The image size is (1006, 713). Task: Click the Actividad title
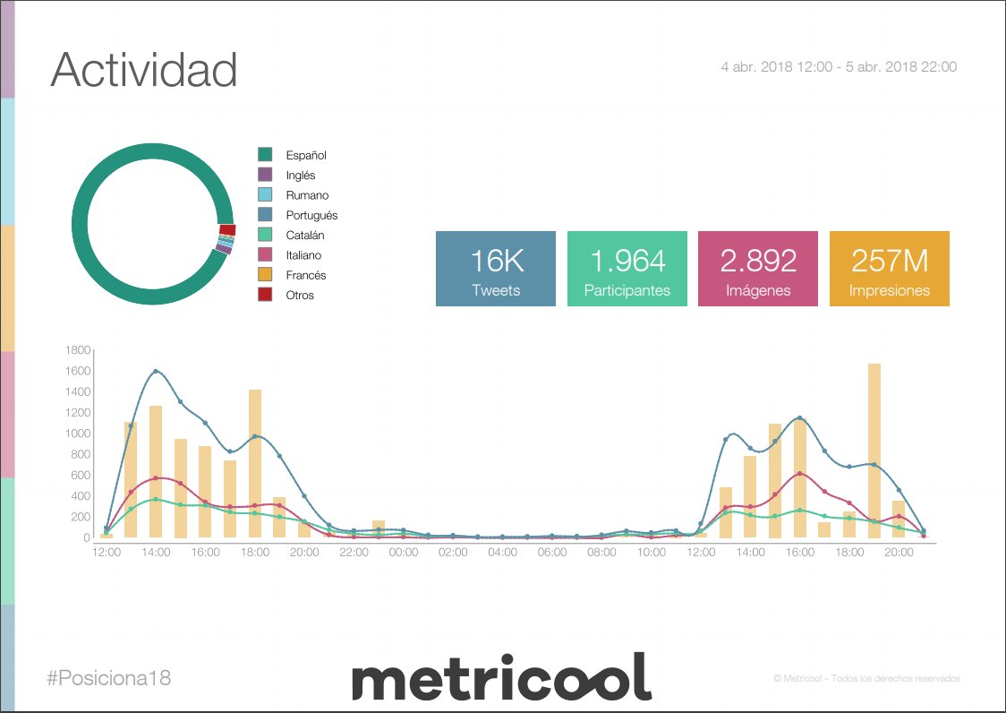143,70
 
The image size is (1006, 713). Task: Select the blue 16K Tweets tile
496,269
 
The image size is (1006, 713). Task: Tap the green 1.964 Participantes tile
627,269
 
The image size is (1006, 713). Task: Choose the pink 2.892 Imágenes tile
758,269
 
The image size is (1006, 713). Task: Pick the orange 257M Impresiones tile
889,269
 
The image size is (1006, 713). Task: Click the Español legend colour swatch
265,155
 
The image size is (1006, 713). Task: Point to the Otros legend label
300,296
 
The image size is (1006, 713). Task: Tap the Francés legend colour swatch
265,275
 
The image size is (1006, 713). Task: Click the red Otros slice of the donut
227,230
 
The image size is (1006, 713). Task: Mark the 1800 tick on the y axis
78,349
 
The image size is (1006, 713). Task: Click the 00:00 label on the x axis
404,553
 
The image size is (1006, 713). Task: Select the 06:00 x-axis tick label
552,553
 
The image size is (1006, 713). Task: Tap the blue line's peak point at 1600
156,371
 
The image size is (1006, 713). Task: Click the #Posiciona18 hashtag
108,678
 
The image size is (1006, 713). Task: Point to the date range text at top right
839,67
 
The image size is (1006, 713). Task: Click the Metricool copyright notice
866,679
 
